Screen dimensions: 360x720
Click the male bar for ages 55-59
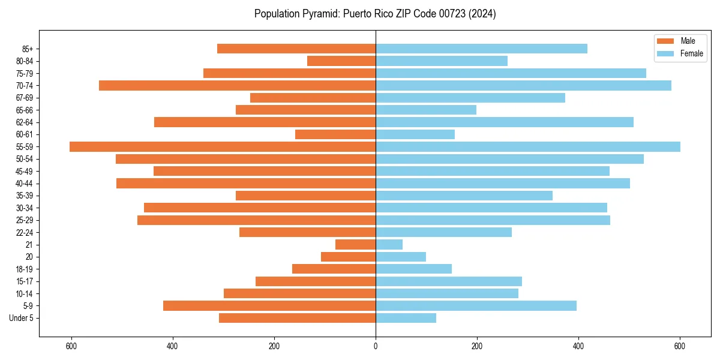[222, 146]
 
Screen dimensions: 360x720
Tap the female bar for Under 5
[406, 318]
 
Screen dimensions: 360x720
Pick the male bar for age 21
[355, 244]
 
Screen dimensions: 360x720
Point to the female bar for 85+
[481, 49]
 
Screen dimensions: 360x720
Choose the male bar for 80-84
[341, 61]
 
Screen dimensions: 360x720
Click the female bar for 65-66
[426, 110]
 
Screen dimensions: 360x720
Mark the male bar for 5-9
[269, 305]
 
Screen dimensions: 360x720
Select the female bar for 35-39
[464, 196]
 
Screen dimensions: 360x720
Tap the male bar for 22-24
[307, 232]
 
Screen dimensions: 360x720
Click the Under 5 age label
[22, 318]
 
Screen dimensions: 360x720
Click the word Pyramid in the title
[319, 14]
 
